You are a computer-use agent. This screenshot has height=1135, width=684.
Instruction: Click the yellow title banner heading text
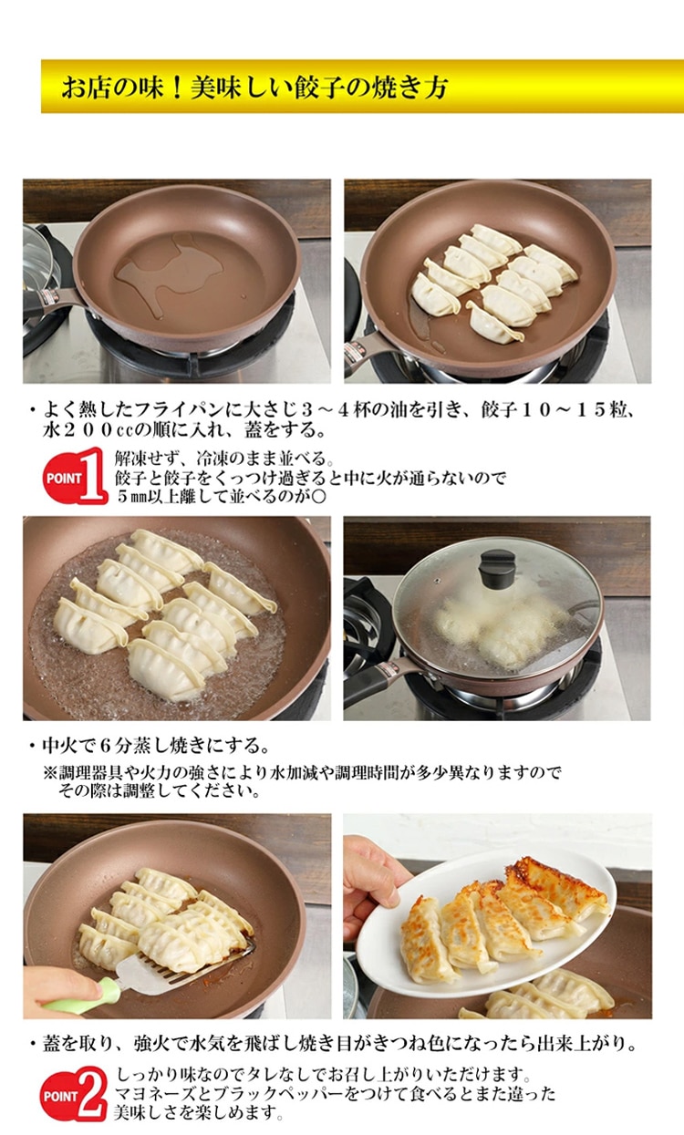pos(254,88)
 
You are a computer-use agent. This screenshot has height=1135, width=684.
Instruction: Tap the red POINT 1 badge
pos(75,476)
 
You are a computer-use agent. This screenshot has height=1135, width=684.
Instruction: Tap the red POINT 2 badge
pos(74,1093)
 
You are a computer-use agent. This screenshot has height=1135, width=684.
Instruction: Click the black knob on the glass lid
pos(497,569)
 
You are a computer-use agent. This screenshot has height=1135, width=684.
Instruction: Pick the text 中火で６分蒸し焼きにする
pos(152,746)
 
